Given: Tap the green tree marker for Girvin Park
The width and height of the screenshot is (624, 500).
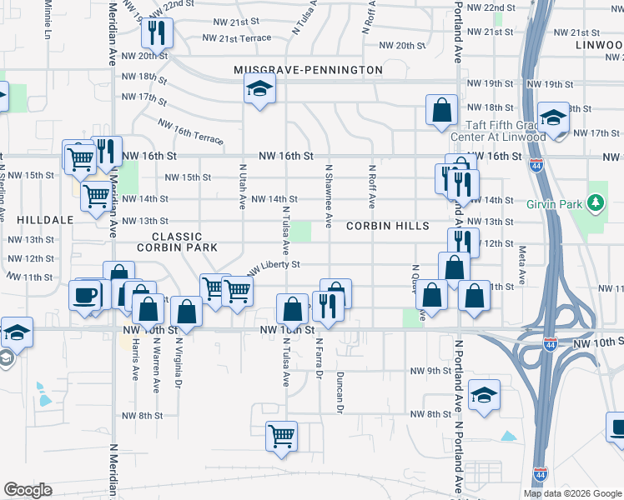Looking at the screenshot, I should click(595, 202).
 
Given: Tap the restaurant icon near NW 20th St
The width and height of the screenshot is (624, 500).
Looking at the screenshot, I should click(157, 32).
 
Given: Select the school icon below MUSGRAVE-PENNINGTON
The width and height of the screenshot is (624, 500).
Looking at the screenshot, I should click(259, 87).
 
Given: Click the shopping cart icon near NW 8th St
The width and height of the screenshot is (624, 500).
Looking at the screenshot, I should click(282, 435).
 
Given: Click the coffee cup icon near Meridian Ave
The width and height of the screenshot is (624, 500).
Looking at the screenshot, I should click(86, 294).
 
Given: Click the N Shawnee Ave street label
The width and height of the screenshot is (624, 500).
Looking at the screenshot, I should click(330, 197).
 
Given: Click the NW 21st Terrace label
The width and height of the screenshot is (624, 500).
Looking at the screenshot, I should click(239, 38).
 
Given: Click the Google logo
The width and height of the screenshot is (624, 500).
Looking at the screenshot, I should click(28, 490).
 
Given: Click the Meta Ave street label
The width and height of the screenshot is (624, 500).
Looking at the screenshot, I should click(523, 262).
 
